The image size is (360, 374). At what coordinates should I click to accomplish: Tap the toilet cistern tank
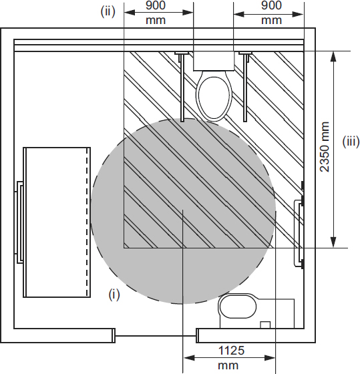pyautogui.click(x=214, y=61)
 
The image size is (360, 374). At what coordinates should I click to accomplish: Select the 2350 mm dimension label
pyautogui.click(x=325, y=147)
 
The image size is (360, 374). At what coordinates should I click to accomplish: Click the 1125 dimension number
pyautogui.click(x=231, y=351)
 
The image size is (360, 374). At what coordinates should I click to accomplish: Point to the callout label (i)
pyautogui.click(x=114, y=295)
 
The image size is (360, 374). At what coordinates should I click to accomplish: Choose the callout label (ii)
pyautogui.click(x=108, y=11)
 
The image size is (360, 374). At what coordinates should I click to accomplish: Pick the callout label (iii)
pyautogui.click(x=351, y=142)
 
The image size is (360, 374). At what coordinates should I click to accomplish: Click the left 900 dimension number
pyautogui.click(x=156, y=5)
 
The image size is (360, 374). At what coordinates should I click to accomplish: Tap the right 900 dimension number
pyautogui.click(x=271, y=5)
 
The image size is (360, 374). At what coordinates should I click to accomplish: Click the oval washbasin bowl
pyautogui.click(x=238, y=307)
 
